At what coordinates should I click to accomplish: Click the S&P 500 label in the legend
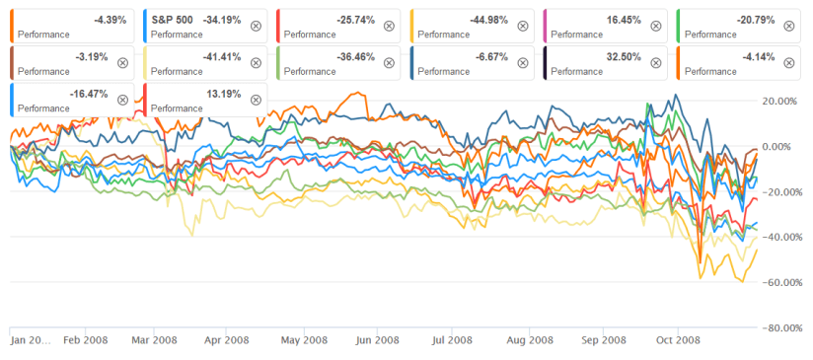pos(172,20)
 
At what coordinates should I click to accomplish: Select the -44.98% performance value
pos(488,20)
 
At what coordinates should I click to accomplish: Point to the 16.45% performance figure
pos(623,20)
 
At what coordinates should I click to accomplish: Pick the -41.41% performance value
pos(221,57)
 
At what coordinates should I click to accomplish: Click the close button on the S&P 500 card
pos(256,26)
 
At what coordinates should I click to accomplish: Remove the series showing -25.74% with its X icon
pos(390,26)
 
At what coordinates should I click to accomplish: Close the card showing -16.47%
pos(122,100)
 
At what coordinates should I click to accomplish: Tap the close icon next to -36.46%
pos(390,63)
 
